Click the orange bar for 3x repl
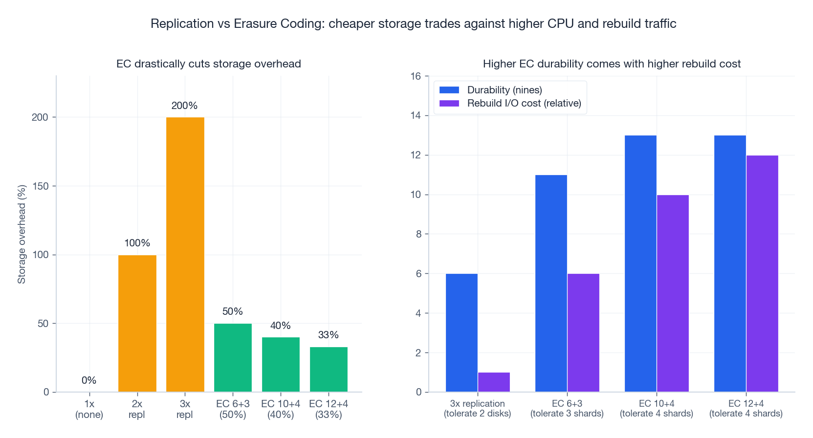[x=185, y=254]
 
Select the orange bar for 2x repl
[x=137, y=323]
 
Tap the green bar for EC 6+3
[x=233, y=357]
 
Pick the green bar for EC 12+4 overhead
[x=329, y=369]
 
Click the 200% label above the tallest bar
[x=184, y=106]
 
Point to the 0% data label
[x=89, y=380]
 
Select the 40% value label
[x=281, y=326]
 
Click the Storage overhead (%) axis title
[x=22, y=234]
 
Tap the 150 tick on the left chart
[x=41, y=186]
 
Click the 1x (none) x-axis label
[x=89, y=409]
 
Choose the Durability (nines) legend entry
[x=504, y=90]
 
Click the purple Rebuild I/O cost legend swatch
[x=449, y=103]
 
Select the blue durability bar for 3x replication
[x=461, y=332]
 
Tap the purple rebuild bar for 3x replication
[x=494, y=382]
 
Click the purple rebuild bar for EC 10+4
[x=673, y=293]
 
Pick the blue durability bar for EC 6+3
[x=551, y=283]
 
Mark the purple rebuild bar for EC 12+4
[x=762, y=273]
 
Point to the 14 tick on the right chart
[x=416, y=115]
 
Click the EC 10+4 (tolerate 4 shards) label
[x=657, y=409]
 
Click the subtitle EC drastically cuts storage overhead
[x=209, y=64]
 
